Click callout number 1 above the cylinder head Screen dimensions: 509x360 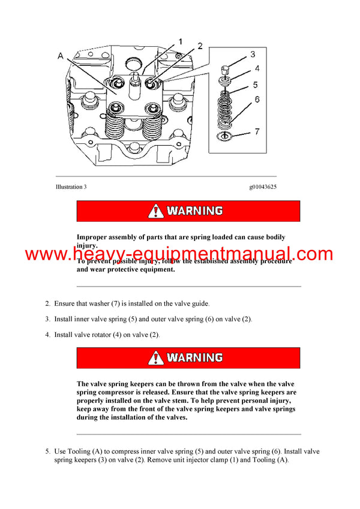click(x=179, y=42)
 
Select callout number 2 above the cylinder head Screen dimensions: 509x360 click(x=200, y=46)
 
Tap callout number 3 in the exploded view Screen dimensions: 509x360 click(x=253, y=54)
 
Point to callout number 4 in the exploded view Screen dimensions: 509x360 click(x=256, y=69)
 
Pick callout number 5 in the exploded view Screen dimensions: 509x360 click(x=256, y=85)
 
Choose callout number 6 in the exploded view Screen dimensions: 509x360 click(x=256, y=100)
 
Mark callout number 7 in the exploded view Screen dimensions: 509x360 click(x=256, y=131)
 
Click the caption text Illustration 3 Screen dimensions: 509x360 click(x=71, y=187)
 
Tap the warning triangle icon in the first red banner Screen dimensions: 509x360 click(x=156, y=211)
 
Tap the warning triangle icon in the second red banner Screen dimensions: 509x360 click(x=156, y=358)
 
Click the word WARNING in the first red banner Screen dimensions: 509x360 click(x=194, y=211)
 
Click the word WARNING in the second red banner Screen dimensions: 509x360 click(x=194, y=358)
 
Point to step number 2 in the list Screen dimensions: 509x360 click(x=47, y=304)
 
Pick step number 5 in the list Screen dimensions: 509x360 click(x=47, y=451)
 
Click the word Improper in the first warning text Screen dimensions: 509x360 click(x=94, y=237)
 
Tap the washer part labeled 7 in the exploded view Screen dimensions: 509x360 click(x=227, y=137)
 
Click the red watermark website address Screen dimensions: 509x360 click(x=179, y=254)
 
